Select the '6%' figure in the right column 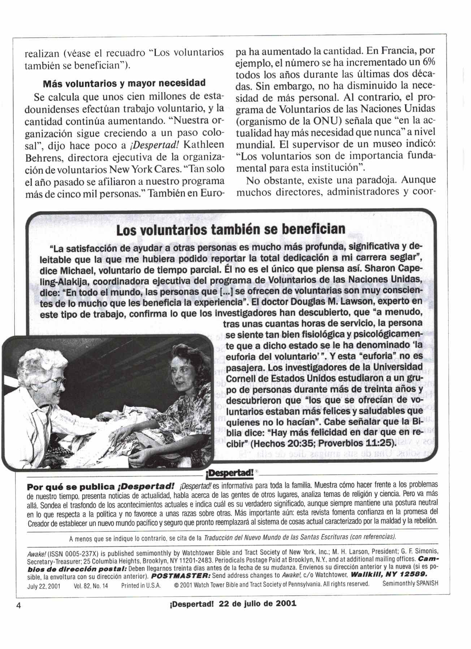click(427, 63)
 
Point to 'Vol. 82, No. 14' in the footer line click(91, 585)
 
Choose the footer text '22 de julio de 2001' click(258, 603)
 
